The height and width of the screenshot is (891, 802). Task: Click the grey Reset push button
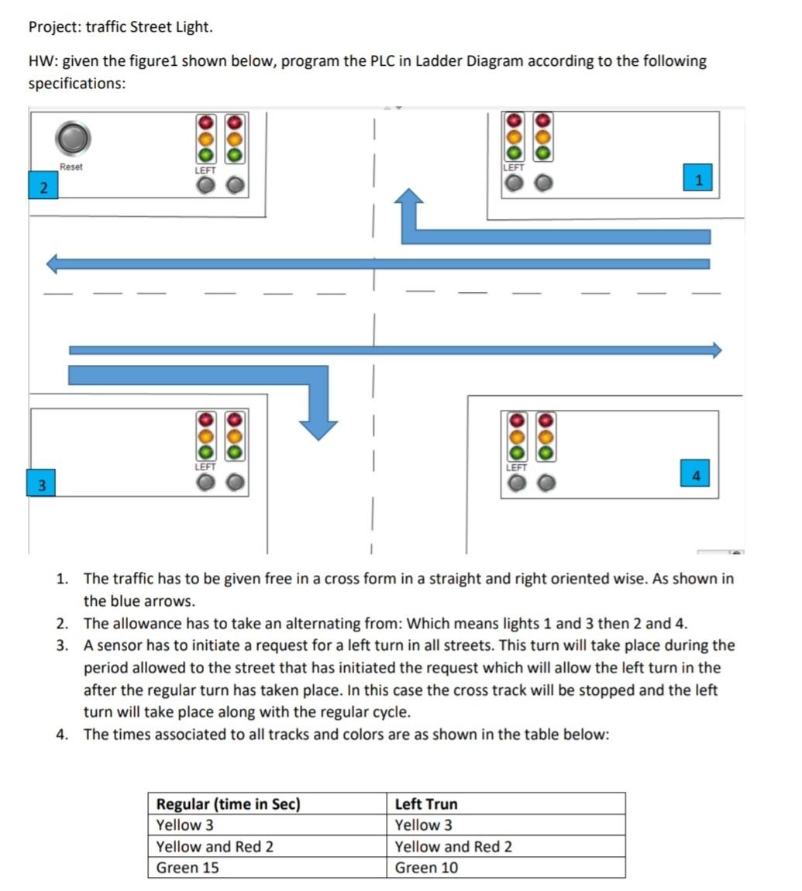pyautogui.click(x=73, y=139)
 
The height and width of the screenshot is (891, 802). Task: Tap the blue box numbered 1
pyautogui.click(x=698, y=179)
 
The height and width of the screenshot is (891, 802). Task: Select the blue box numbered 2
pyautogui.click(x=43, y=187)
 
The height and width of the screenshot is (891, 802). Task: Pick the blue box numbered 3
pyautogui.click(x=42, y=485)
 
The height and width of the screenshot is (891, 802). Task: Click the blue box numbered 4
pyautogui.click(x=695, y=474)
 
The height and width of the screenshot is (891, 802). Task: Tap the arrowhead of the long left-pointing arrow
pyautogui.click(x=54, y=263)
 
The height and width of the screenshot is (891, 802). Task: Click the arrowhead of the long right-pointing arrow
pyautogui.click(x=715, y=350)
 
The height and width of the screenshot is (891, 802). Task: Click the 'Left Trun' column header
pyautogui.click(x=426, y=804)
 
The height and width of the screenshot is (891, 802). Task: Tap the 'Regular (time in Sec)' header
pyautogui.click(x=228, y=804)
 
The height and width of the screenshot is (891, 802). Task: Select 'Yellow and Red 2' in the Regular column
pyautogui.click(x=215, y=847)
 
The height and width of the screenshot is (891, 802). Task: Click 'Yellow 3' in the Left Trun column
pyautogui.click(x=424, y=825)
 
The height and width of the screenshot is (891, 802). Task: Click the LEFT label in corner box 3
pyautogui.click(x=205, y=467)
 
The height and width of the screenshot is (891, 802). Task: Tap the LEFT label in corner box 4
pyautogui.click(x=516, y=467)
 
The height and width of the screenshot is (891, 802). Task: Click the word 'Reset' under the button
pyautogui.click(x=71, y=167)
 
